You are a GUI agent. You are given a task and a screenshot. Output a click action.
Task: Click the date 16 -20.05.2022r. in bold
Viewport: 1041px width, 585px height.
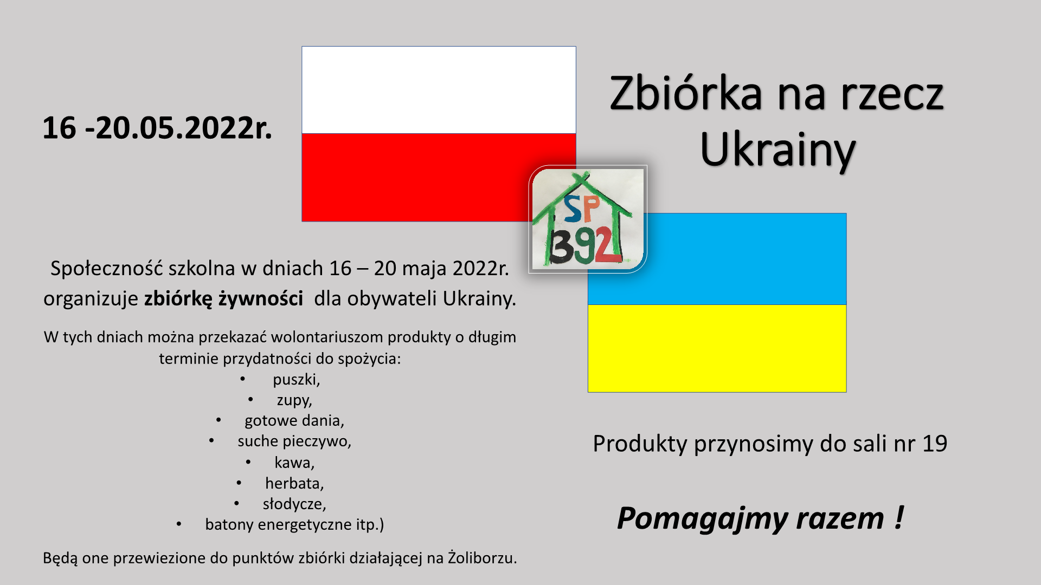(x=157, y=128)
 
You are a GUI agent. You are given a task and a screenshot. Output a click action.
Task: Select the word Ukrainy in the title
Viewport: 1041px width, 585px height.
(x=777, y=150)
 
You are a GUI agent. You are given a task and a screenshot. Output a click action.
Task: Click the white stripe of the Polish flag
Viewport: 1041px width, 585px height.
(x=439, y=90)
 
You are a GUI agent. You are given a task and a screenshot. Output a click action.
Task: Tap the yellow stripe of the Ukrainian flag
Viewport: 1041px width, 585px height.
(x=717, y=348)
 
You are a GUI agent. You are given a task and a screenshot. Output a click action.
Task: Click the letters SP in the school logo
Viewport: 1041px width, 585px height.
(x=582, y=209)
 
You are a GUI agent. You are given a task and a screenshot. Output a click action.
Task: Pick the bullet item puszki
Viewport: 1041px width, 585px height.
(x=296, y=380)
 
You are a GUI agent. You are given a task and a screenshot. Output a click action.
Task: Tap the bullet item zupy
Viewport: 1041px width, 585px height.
(x=294, y=401)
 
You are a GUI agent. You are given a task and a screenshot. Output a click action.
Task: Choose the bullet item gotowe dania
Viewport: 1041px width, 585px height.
(x=294, y=421)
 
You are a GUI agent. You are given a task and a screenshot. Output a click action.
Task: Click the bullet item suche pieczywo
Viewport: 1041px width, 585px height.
(x=294, y=441)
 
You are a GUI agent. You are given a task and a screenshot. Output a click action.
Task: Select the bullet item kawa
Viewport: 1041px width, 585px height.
(x=294, y=463)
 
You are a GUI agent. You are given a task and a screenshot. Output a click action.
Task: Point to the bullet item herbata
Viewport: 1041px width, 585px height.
(x=294, y=483)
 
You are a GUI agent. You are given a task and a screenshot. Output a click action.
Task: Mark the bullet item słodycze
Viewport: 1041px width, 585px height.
(x=294, y=504)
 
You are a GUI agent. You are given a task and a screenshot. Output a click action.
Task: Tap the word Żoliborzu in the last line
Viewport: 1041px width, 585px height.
(x=482, y=558)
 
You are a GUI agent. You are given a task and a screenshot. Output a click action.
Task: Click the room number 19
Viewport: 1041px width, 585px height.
(x=935, y=444)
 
